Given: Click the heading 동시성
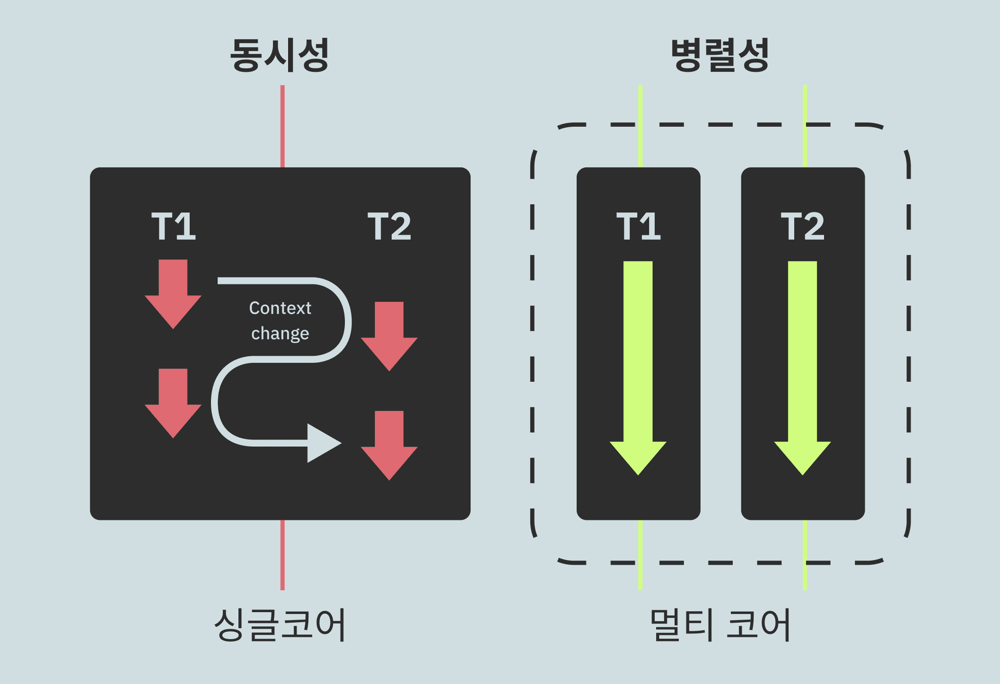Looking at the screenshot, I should (280, 55).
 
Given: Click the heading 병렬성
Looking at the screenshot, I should (720, 55).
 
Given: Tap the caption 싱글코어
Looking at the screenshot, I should (280, 624).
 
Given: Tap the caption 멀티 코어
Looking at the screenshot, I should (720, 624).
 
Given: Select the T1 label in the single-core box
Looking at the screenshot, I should (173, 227).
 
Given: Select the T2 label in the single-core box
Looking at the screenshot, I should (389, 227).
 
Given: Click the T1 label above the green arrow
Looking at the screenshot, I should (638, 227).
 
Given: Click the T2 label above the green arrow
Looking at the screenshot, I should (803, 227).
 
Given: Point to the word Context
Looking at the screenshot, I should (280, 308).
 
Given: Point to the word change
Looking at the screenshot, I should (280, 333).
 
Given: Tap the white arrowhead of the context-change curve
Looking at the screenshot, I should (322, 443).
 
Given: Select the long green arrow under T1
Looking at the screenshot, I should (638, 365).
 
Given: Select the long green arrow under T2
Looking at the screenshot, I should (803, 365).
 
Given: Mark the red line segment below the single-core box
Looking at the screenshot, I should (282, 555).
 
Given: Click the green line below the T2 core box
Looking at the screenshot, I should (805, 555).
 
